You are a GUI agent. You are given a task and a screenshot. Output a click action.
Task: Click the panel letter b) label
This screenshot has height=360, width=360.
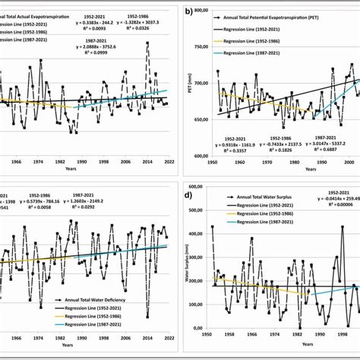[x=188, y=12]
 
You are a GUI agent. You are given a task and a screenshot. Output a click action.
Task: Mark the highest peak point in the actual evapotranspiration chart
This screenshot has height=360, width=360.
[x=147, y=43]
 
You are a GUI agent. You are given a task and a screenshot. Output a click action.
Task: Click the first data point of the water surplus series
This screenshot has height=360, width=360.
[x=212, y=226]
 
